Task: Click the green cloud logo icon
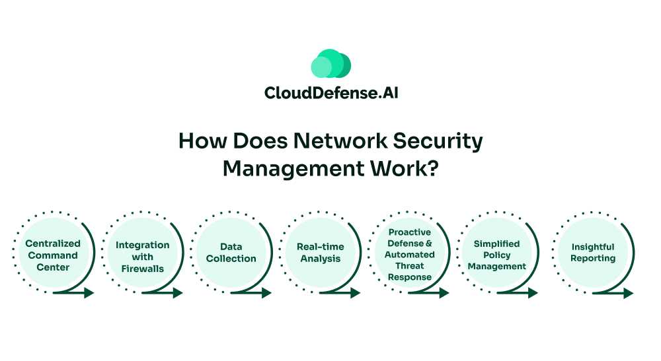330,64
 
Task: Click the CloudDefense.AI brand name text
331,93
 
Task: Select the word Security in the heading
442,141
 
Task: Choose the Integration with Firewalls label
142,255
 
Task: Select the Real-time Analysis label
320,253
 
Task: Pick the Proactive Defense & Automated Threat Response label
410,255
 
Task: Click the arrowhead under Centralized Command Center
90,293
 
